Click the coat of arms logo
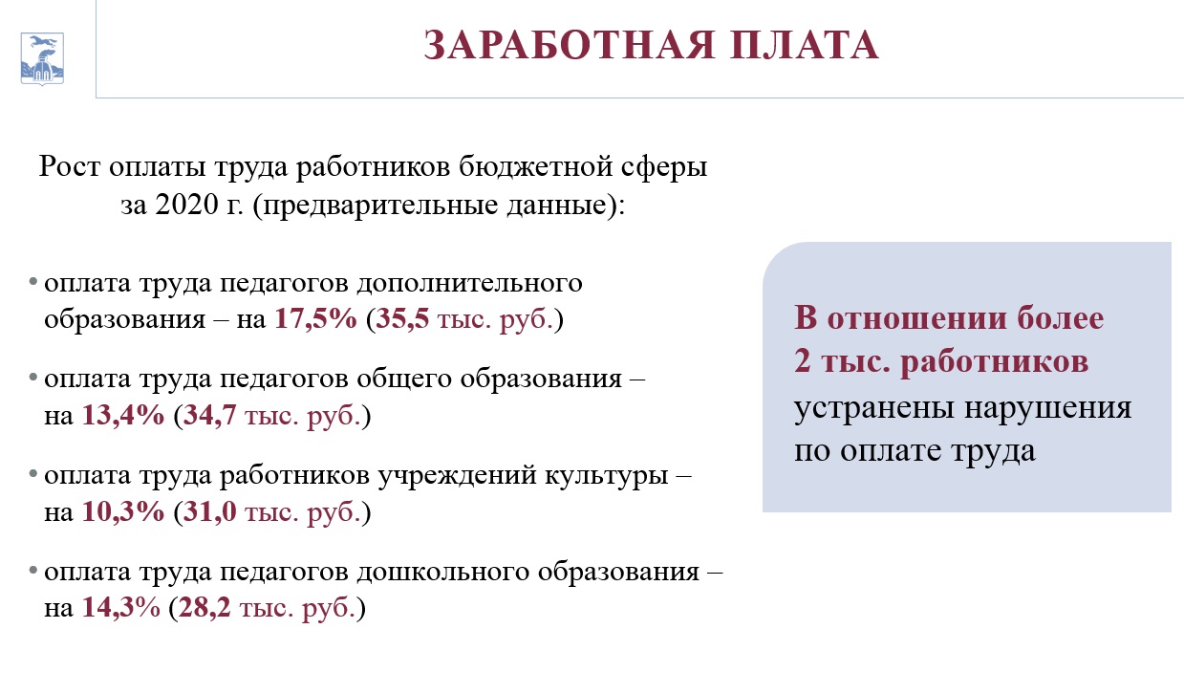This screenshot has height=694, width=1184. pos(42,58)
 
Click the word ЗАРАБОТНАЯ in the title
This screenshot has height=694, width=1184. pos(570,45)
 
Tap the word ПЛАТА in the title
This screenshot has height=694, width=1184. pos(805,45)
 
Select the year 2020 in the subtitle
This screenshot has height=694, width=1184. pos(186,204)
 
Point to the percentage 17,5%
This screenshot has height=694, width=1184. pos(315,318)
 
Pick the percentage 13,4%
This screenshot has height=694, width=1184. pos(123,415)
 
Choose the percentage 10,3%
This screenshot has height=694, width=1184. pos(123,511)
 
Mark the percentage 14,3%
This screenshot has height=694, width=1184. pos(121,607)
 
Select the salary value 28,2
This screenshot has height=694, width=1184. pos(205,607)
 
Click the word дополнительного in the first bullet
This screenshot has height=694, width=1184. pos(469,284)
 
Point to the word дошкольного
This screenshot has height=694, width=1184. pos(443,573)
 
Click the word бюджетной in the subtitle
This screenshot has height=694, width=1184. pos(535,167)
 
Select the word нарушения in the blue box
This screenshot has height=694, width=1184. pos(1048,408)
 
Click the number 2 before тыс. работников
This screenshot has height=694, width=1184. pos(803,361)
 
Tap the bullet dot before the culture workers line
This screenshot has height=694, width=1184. pos(33,473)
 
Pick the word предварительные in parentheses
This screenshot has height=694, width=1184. pos(380,206)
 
